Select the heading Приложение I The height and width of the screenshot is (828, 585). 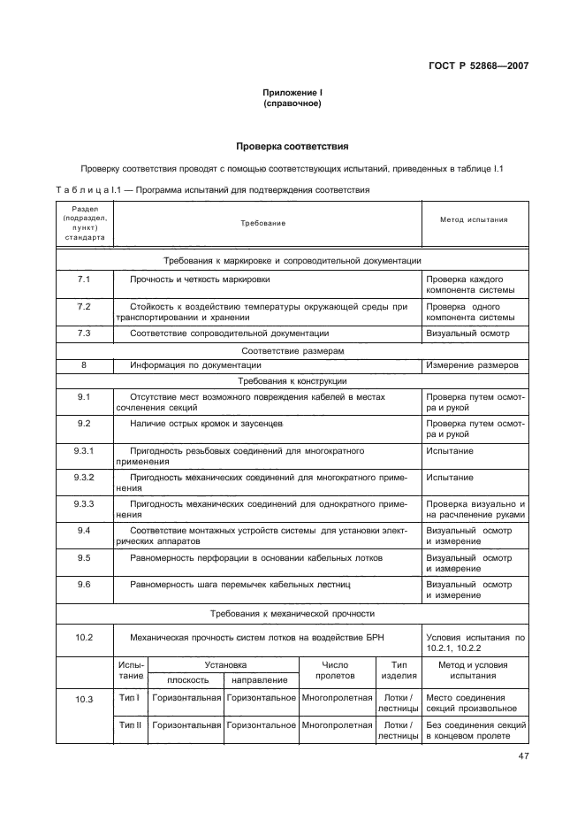point(292,93)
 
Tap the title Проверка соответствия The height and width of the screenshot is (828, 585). point(292,145)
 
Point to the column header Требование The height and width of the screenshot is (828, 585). point(263,223)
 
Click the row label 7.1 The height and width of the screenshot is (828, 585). point(84,278)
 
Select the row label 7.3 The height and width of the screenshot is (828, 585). point(84,333)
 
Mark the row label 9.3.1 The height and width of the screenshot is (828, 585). point(84,451)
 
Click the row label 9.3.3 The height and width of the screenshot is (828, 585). point(84,503)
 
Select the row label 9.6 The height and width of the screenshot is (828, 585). point(84,585)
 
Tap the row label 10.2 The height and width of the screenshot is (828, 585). point(84,637)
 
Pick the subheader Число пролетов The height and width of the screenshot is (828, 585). point(335,670)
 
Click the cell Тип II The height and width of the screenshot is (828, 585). point(129,725)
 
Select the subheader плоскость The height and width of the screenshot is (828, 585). point(186,680)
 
